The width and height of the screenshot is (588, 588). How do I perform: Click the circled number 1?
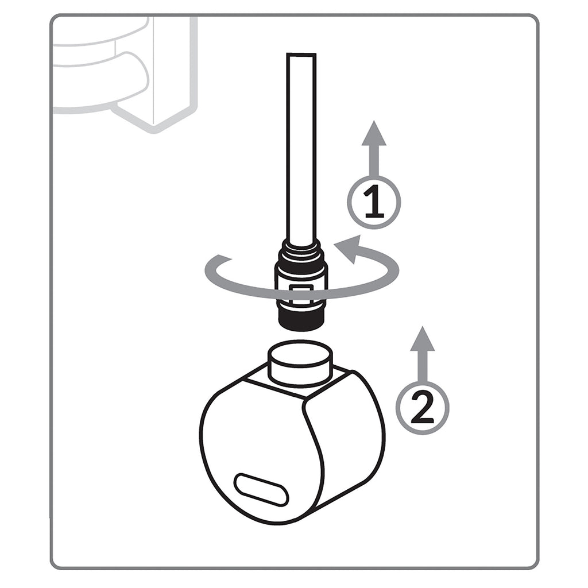[x=374, y=203]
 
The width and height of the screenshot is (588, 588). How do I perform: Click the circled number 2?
[x=423, y=408]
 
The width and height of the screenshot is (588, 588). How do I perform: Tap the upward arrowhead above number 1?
[x=374, y=133]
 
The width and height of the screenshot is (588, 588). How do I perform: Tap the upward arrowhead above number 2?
[x=423, y=338]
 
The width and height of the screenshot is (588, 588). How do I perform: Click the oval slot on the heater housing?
[x=261, y=489]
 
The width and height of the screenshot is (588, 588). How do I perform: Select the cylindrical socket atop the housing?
[x=300, y=362]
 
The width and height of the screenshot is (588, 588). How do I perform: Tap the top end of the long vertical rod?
[x=301, y=53]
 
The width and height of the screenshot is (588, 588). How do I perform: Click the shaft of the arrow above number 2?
[x=423, y=367]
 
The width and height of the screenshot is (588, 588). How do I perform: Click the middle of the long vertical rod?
[x=301, y=150]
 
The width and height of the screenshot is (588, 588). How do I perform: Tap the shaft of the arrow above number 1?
[x=374, y=161]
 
